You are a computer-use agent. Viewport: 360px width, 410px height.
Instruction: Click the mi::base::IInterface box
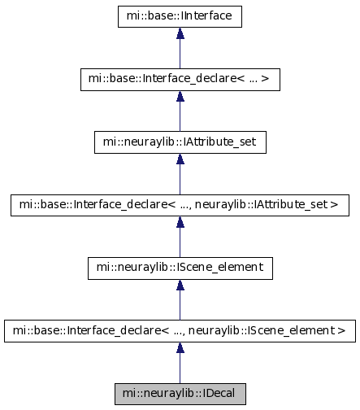[x=180, y=16]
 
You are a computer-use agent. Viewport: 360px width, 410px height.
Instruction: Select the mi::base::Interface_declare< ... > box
[x=180, y=80]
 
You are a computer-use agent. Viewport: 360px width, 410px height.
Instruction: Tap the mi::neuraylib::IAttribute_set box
[x=180, y=142]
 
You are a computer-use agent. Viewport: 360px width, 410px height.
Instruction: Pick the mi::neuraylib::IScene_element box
[x=180, y=268]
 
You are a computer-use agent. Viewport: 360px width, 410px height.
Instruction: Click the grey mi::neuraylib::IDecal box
[x=180, y=394]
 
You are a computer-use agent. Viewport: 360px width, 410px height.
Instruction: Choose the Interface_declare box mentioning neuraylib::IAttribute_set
[x=180, y=205]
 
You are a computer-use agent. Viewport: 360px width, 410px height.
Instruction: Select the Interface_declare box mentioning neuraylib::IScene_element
[x=180, y=331]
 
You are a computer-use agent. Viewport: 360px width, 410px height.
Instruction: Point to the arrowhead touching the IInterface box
[x=180, y=33]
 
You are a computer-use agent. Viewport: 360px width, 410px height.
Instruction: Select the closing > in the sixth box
[x=342, y=330]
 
